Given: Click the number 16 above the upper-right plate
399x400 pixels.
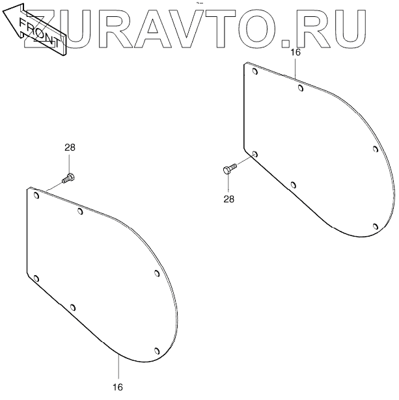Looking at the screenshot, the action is coord(296,53).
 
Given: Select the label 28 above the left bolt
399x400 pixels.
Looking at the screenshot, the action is coord(70,148).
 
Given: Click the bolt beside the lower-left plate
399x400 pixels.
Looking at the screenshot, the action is coord(68,176).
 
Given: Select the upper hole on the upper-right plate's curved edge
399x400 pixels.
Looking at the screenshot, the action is coord(376,149).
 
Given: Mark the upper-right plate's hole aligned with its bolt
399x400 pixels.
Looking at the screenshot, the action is coord(255,154).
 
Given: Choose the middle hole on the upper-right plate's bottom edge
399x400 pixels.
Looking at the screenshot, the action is coord(294,185).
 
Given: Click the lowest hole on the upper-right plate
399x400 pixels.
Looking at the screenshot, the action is coord(376,226).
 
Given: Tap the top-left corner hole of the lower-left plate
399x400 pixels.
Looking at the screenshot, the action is coord(36,194).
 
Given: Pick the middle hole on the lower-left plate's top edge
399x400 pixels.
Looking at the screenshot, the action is coord(80,210).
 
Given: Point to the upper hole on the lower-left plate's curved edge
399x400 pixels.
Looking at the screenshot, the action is coord(157,273).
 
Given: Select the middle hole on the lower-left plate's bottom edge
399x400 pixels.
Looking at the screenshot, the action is coord(73,307).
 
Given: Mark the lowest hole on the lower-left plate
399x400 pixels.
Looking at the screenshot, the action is coord(156,351).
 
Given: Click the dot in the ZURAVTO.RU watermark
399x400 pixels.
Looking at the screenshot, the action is coord(286,44).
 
